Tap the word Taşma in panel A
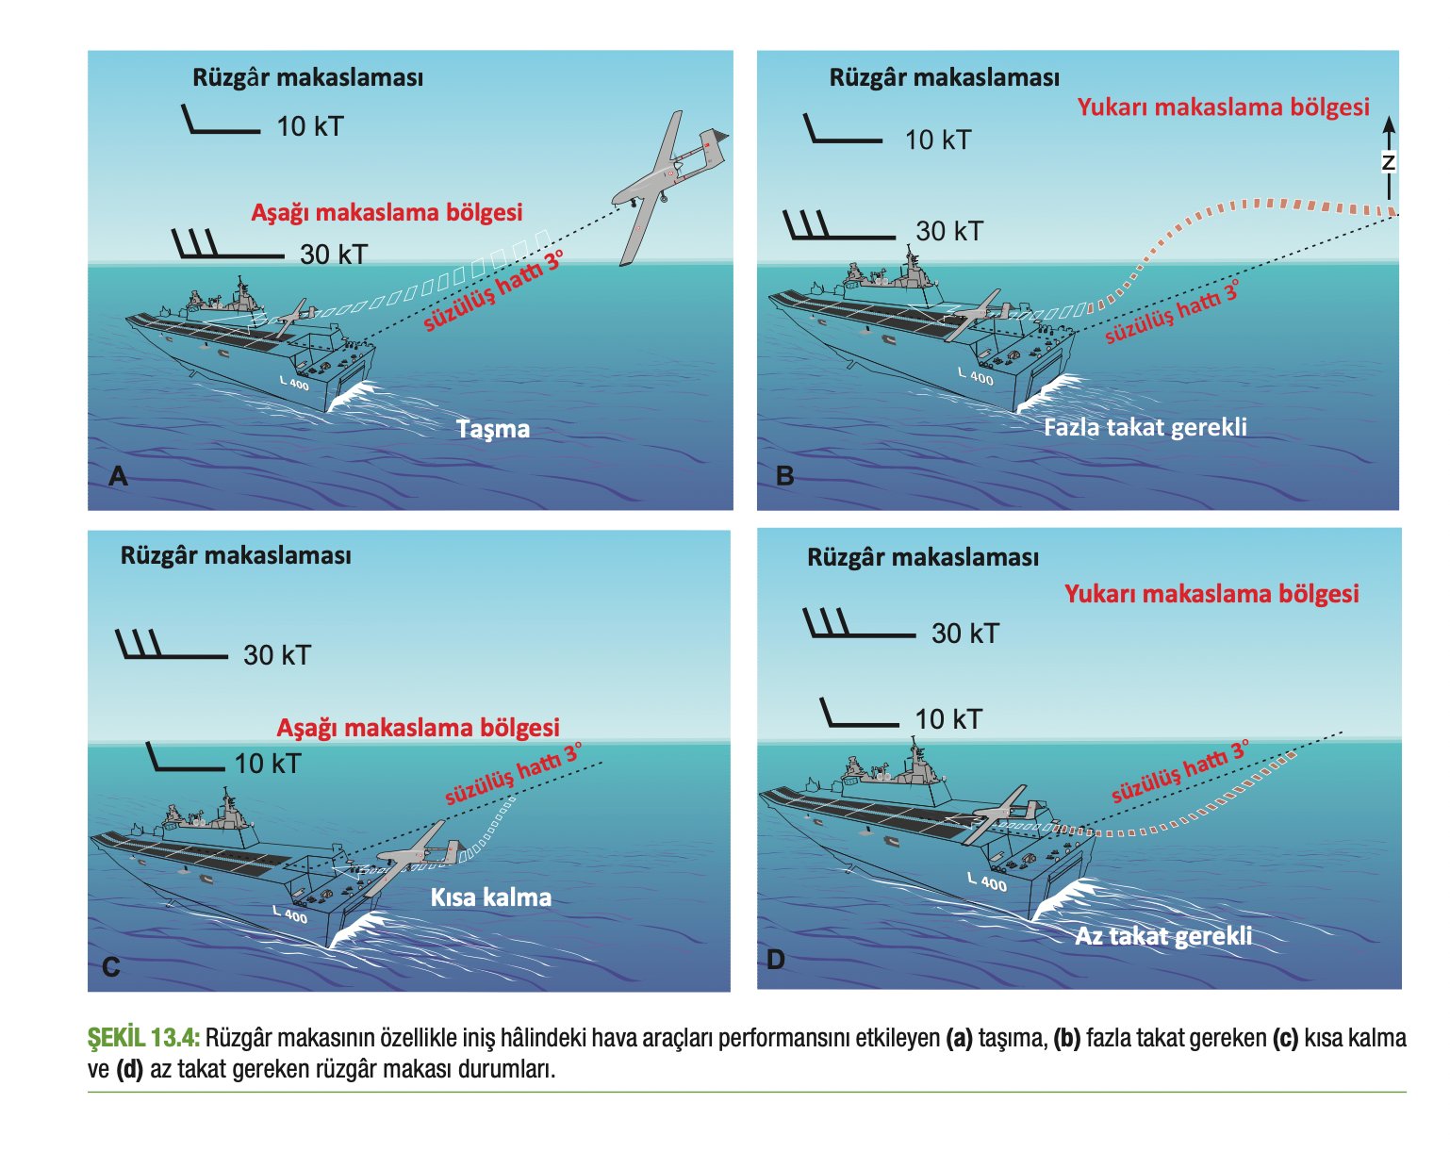click(x=493, y=429)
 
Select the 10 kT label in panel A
click(x=309, y=126)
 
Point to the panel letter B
click(x=784, y=476)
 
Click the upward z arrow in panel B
click(x=1389, y=160)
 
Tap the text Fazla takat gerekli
click(x=1145, y=427)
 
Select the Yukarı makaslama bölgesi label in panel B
click(x=1223, y=107)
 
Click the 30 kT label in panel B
click(x=948, y=231)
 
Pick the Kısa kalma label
click(x=490, y=897)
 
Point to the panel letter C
click(x=110, y=967)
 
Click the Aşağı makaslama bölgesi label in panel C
click(x=418, y=728)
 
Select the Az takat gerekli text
click(x=1163, y=935)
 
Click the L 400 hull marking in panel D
click(x=987, y=881)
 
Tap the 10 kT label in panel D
click(x=947, y=719)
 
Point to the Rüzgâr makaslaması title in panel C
click(x=236, y=555)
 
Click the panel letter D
click(x=775, y=961)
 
